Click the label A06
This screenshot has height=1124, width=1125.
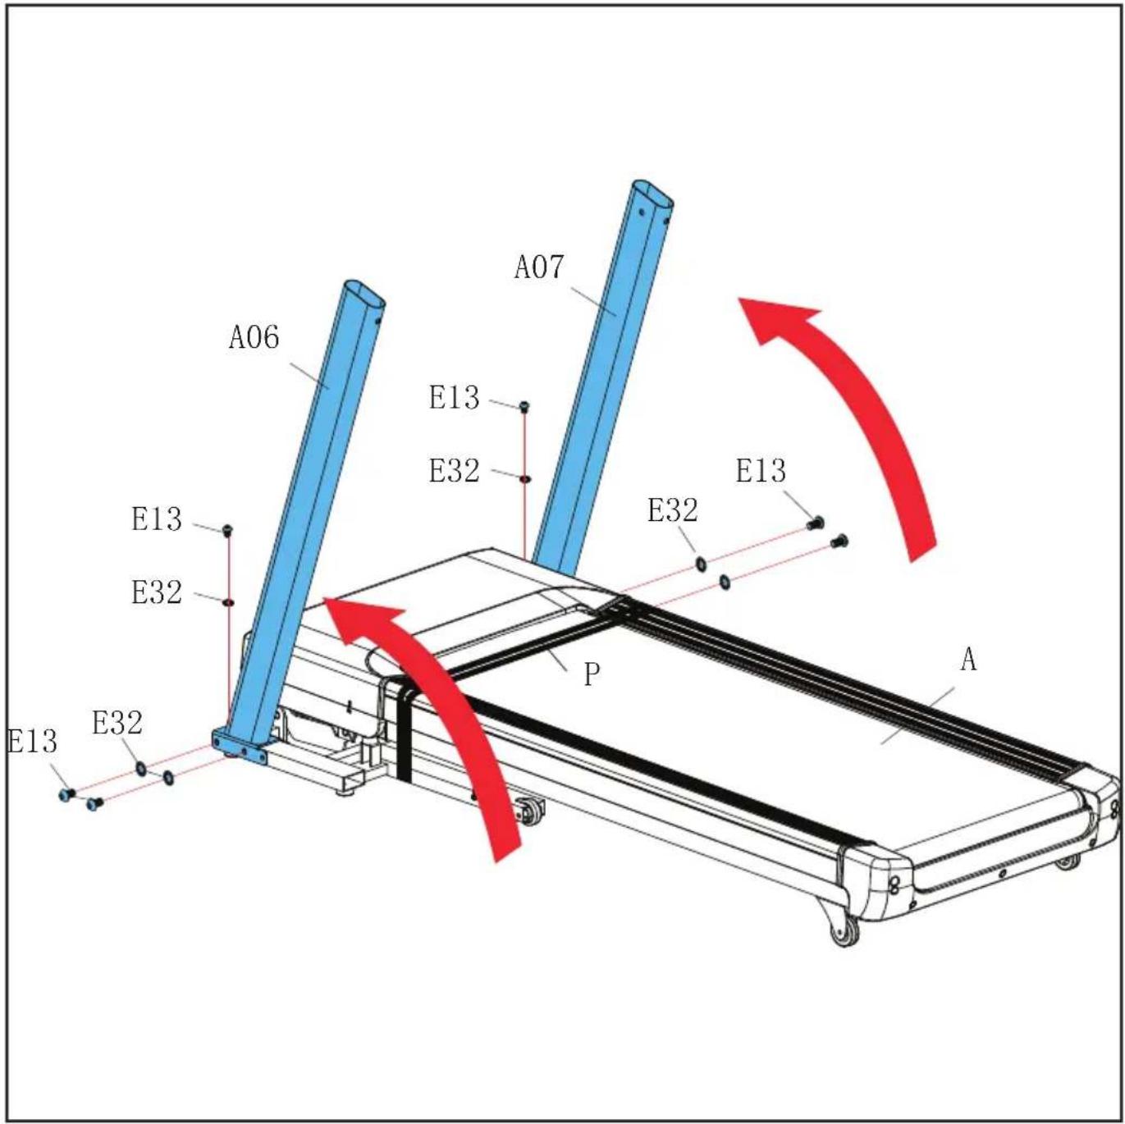tap(254, 337)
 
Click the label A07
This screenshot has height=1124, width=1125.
tap(539, 267)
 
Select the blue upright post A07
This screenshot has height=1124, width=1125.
tap(601, 373)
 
